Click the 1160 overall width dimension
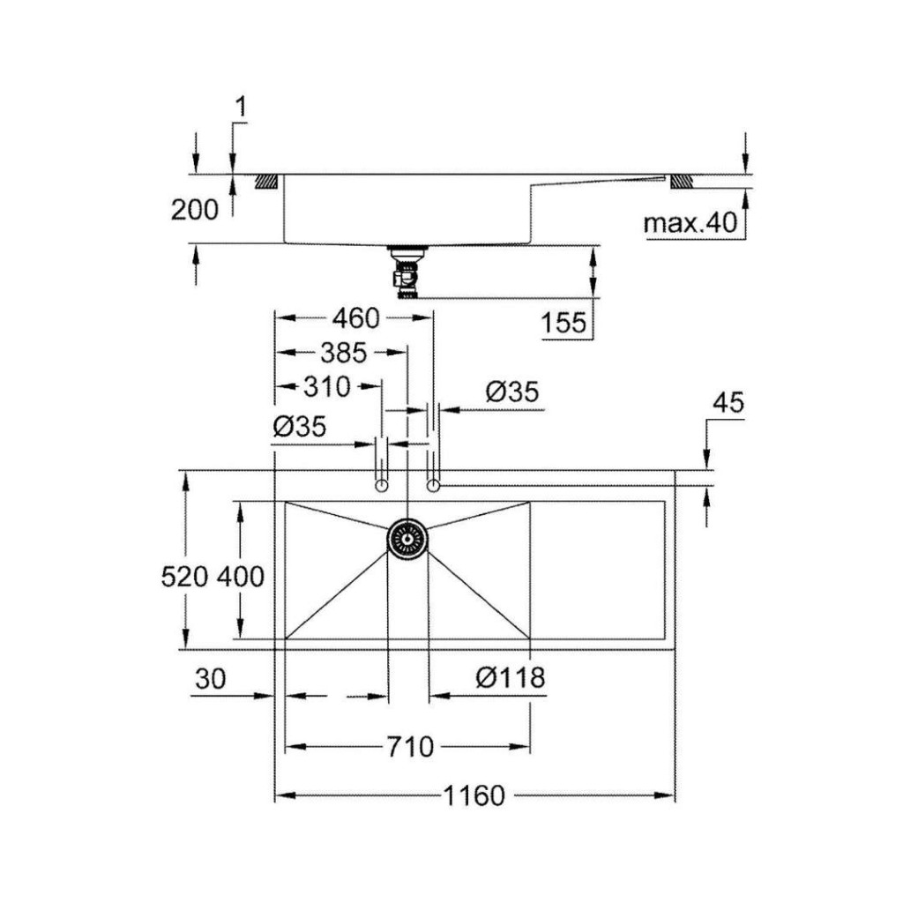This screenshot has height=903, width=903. (474, 796)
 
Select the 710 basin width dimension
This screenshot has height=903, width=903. (409, 747)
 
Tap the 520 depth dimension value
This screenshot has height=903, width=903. (184, 577)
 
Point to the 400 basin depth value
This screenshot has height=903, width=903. (241, 577)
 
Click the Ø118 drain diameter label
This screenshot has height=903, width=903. (511, 677)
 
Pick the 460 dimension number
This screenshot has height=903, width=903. (356, 318)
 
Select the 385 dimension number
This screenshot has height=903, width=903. (343, 353)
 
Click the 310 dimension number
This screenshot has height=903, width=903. (326, 387)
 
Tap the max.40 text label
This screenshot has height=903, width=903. (690, 223)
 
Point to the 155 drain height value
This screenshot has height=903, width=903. (563, 323)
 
